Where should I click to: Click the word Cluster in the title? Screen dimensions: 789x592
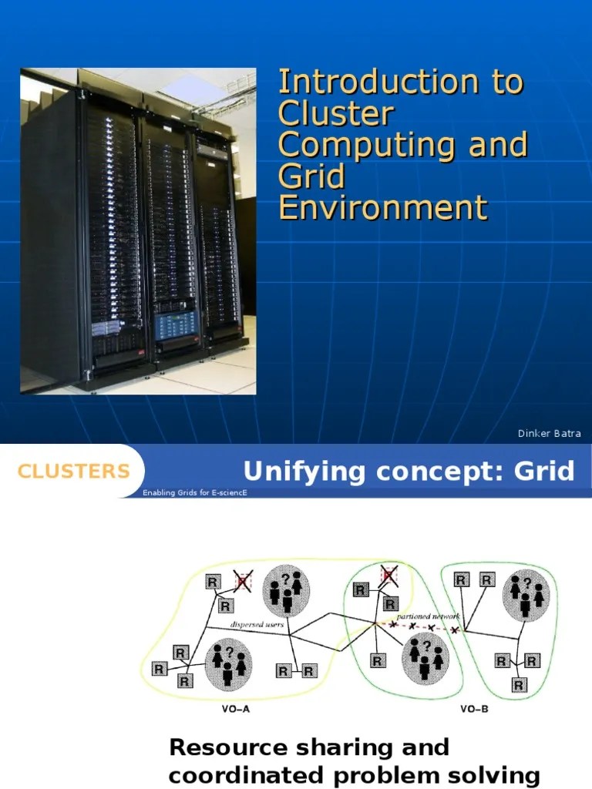pyautogui.click(x=336, y=114)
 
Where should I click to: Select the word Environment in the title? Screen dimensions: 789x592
pyautogui.click(x=383, y=208)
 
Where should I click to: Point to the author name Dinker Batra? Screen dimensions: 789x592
pyautogui.click(x=549, y=434)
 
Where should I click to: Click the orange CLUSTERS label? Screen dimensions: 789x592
pyautogui.click(x=73, y=472)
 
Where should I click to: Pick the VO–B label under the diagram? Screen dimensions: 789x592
pyautogui.click(x=473, y=710)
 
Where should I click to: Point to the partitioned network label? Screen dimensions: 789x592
pyautogui.click(x=427, y=616)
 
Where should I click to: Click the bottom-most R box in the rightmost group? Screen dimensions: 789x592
pyautogui.click(x=519, y=684)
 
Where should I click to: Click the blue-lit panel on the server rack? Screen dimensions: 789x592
pyautogui.click(x=177, y=327)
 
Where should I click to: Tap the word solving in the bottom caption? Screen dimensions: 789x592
pyautogui.click(x=501, y=775)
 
